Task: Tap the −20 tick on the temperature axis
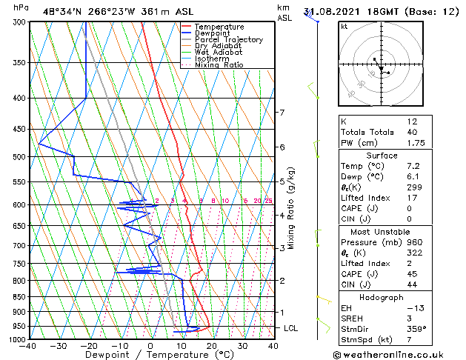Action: point(89,345)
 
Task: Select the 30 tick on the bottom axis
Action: point(242,345)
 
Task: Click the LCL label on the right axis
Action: point(291,327)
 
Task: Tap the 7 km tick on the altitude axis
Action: point(282,113)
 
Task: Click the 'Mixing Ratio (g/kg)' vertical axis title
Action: point(291,208)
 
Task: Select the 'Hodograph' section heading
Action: point(382,296)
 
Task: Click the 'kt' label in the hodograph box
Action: point(344,27)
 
